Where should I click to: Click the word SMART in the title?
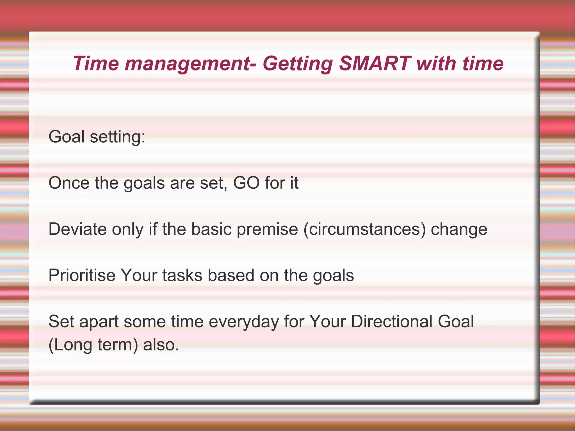[x=375, y=63]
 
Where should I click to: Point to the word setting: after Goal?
[x=117, y=137]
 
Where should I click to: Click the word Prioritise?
[x=82, y=275]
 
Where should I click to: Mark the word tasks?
[x=182, y=275]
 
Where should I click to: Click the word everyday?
[x=244, y=322]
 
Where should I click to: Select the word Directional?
[x=392, y=321]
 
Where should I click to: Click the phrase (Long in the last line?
[x=70, y=345]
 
